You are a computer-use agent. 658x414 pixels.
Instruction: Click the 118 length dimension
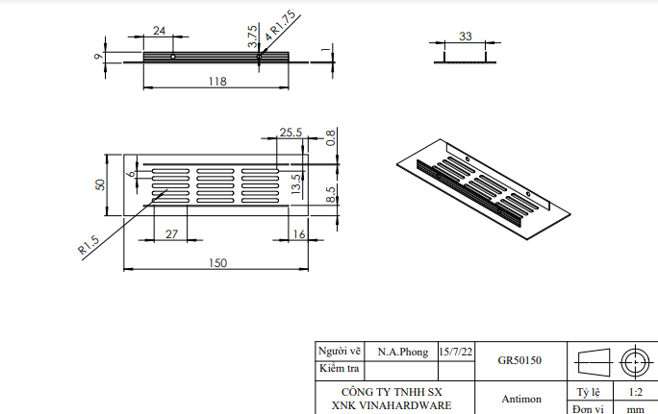(x=216, y=83)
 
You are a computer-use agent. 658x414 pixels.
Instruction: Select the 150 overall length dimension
(x=219, y=263)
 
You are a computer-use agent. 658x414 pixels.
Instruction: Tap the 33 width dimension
(x=466, y=37)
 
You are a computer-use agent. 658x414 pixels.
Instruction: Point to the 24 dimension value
(x=159, y=31)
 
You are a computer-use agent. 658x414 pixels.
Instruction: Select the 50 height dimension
(x=98, y=183)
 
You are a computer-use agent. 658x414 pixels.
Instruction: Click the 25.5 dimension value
(x=291, y=132)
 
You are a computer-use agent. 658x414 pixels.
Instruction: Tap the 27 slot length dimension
(x=171, y=233)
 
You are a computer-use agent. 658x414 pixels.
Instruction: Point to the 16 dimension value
(x=298, y=233)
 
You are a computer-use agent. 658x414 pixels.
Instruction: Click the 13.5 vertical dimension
(x=296, y=183)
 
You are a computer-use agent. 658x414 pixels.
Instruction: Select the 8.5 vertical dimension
(x=331, y=196)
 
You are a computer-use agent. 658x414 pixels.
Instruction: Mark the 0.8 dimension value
(x=331, y=137)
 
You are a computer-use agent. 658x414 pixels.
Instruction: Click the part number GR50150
(x=519, y=361)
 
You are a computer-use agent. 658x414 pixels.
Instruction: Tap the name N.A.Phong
(x=403, y=353)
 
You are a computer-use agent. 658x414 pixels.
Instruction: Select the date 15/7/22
(x=455, y=353)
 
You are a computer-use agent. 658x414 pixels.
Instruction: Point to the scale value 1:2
(x=635, y=392)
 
